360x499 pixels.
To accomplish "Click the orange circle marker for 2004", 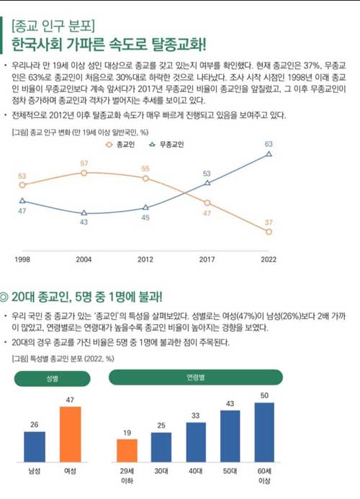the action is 84,173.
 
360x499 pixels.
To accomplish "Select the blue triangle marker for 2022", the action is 269,154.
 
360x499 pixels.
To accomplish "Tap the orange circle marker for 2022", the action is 269,232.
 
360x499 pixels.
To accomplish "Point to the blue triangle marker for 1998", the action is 22,200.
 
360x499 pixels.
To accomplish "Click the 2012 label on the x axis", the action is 145,259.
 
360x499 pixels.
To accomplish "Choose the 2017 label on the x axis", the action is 207,259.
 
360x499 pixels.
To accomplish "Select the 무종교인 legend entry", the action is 166,145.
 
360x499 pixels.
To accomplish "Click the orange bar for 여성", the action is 71,434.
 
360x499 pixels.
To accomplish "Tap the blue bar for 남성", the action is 35,447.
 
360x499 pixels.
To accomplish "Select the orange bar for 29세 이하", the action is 127,451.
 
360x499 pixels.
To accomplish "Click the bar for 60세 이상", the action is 264,433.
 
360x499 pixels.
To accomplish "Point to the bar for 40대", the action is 196,442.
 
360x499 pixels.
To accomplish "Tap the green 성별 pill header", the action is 53,379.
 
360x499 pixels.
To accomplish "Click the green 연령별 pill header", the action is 196,377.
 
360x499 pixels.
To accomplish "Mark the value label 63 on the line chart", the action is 269,144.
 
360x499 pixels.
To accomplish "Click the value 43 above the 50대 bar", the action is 230,403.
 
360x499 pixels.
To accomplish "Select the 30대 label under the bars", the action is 161,471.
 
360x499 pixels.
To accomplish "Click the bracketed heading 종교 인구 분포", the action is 53,26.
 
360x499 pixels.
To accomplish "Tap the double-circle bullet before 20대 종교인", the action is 4,297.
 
